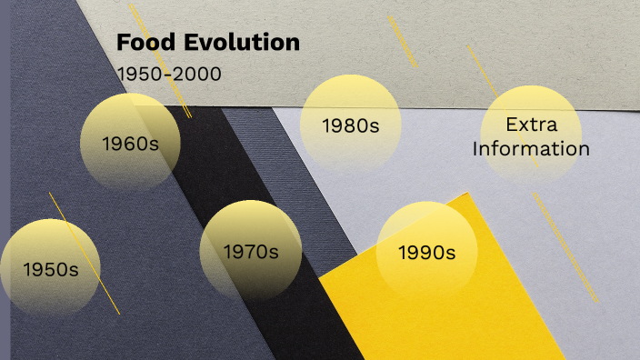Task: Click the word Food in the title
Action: pos(144,43)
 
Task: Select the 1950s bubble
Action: pos(50,269)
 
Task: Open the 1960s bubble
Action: pos(129,143)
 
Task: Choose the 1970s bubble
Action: pos(250,251)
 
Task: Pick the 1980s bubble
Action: pos(350,125)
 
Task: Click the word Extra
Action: pos(531,125)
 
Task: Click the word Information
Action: pos(531,149)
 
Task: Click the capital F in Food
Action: pos(122,43)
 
